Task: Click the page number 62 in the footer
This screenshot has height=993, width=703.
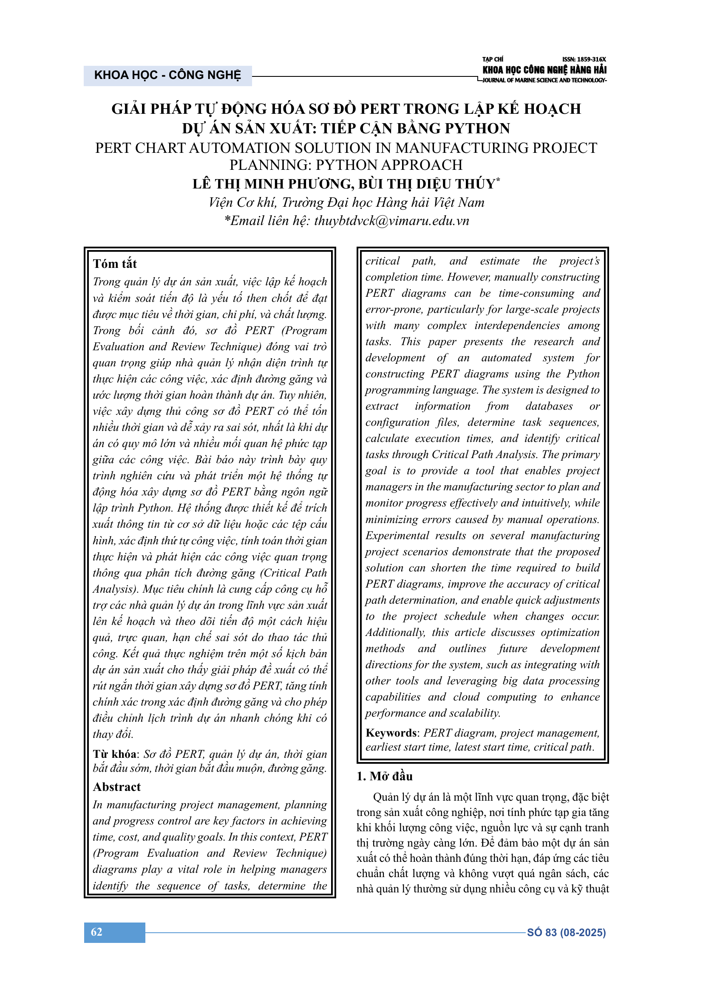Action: pyautogui.click(x=96, y=932)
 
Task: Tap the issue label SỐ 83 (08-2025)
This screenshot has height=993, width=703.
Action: pyautogui.click(x=566, y=932)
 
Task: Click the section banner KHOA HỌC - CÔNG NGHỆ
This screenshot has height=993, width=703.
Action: pyautogui.click(x=167, y=75)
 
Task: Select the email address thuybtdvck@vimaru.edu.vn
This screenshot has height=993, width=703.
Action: pyautogui.click(x=391, y=221)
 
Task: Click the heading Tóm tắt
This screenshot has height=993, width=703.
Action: pyautogui.click(x=115, y=264)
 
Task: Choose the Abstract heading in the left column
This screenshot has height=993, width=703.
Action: pyautogui.click(x=117, y=787)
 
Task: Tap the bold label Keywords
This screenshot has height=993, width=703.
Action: pyautogui.click(x=391, y=733)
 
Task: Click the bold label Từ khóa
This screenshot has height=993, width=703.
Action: pyautogui.click(x=115, y=754)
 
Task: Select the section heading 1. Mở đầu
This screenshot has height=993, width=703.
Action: pyautogui.click(x=384, y=776)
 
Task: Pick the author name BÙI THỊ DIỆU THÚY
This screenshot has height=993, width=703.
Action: pyautogui.click(x=426, y=184)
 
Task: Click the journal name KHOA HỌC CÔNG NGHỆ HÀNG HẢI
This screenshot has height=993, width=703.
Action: pyautogui.click(x=544, y=70)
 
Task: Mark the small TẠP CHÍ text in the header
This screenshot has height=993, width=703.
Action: pyautogui.click(x=493, y=59)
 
